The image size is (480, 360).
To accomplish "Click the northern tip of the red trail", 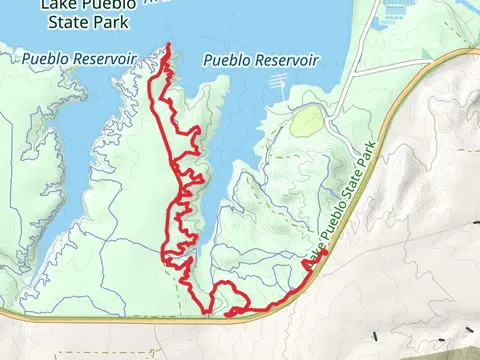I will pyautogui.click(x=167, y=45).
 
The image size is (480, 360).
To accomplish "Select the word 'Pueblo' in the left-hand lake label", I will pyautogui.click(x=45, y=60).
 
